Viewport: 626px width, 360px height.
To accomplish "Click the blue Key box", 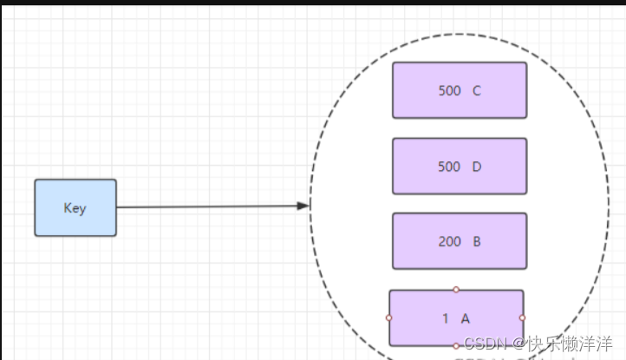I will click(75, 208).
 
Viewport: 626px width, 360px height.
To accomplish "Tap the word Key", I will click(75, 208).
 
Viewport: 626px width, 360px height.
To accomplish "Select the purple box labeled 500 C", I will click(460, 89).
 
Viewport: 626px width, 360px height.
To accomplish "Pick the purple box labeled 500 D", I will click(460, 166).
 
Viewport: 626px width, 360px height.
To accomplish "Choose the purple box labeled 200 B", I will click(460, 241).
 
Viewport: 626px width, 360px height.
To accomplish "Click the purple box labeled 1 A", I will click(456, 318).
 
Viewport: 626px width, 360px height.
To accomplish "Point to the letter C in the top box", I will click(477, 89).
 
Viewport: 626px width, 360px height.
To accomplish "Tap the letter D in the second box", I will click(477, 167).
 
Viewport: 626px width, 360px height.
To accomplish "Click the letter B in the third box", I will click(477, 242).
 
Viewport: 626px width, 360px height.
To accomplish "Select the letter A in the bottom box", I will click(465, 318).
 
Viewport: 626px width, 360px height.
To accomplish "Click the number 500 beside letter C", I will click(449, 89).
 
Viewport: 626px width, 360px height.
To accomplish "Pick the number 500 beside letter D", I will click(449, 167).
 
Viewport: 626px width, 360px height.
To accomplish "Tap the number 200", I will click(449, 242).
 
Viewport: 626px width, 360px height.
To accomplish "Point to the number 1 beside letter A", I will click(446, 318).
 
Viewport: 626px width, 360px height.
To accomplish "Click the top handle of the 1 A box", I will click(456, 290).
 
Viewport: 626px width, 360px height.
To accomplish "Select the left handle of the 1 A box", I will click(389, 317).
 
